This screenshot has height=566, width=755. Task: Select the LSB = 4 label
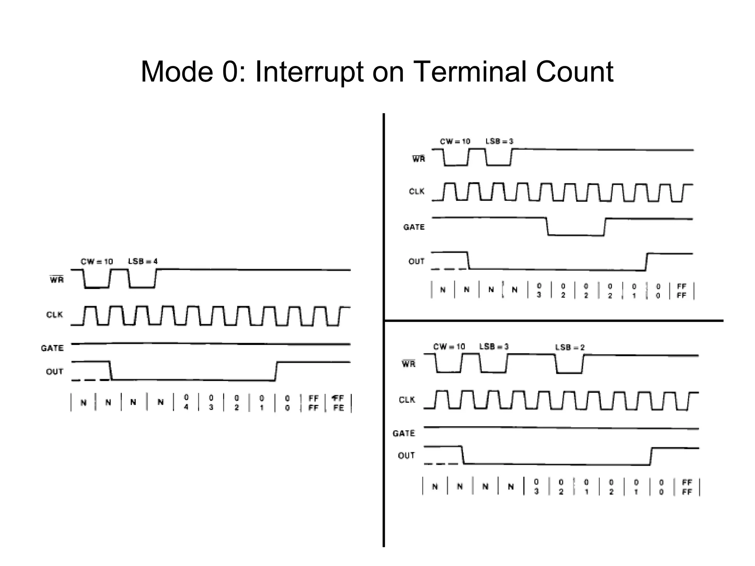point(143,261)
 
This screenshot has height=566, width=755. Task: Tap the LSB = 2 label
point(570,347)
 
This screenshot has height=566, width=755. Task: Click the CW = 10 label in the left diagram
point(97,262)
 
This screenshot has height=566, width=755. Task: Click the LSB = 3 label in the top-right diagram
point(499,141)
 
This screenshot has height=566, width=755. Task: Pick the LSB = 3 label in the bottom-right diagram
point(494,346)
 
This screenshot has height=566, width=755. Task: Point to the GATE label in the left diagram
point(52,348)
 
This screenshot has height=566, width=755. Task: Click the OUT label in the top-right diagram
point(417,261)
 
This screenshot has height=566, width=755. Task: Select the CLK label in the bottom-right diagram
point(407,400)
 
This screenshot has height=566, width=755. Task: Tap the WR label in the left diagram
point(57,280)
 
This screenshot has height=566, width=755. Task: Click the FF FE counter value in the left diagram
point(338,403)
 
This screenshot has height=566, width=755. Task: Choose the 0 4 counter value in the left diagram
point(186,402)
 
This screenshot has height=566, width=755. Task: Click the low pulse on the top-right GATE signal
point(576,234)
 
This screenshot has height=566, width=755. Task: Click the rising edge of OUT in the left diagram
point(276,371)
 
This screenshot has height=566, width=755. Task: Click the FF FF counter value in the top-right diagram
point(682,291)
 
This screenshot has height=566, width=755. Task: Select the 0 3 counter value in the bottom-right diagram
point(536,486)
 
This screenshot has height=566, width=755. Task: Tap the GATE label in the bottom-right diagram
point(404,433)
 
